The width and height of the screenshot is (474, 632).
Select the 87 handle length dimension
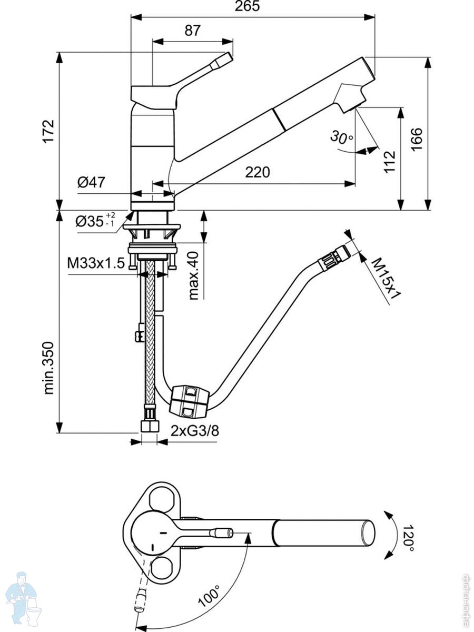point(192,31)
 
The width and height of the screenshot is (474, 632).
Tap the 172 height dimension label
point(48,131)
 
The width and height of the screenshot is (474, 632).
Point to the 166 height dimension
point(417,139)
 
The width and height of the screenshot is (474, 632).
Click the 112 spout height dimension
point(389,163)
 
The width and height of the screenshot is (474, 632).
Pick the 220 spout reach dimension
point(257,172)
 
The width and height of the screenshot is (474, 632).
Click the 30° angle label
point(342,139)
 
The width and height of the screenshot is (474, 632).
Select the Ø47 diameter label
point(91,183)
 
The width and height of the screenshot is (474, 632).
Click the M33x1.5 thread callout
point(95,263)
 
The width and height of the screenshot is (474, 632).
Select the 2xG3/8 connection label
point(194,431)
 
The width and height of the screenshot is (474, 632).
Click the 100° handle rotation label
point(210,596)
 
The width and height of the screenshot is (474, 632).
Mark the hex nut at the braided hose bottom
point(150,424)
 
